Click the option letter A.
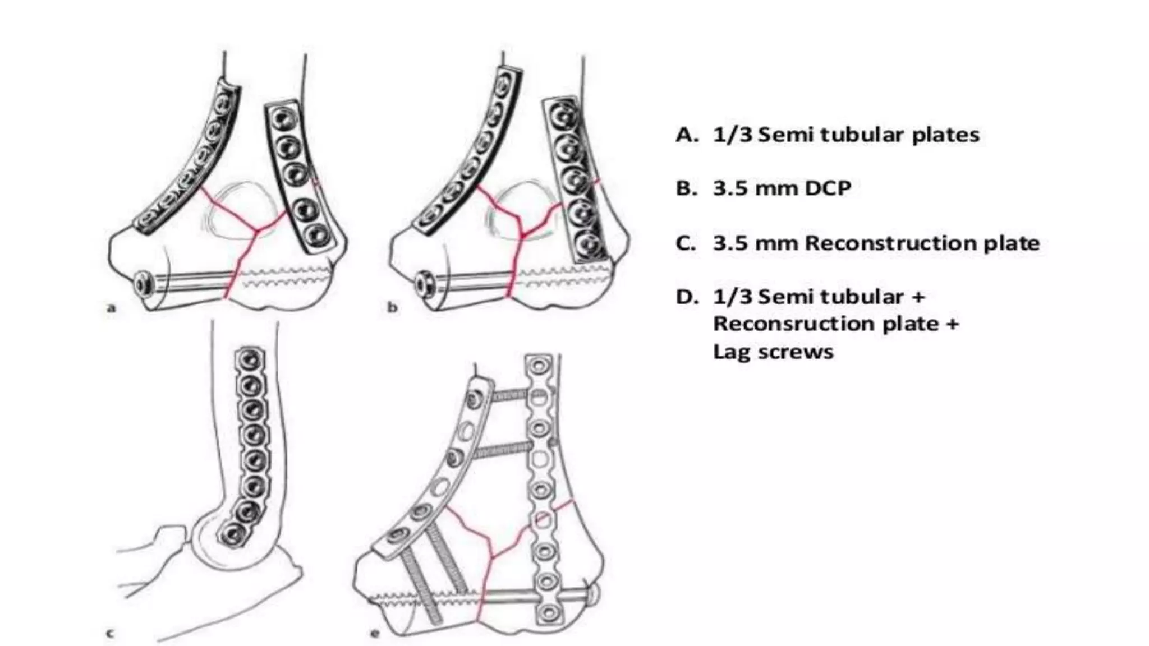click(685, 135)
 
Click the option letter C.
click(685, 243)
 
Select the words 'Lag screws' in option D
click(773, 352)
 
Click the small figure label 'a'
click(111, 307)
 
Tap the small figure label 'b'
click(392, 307)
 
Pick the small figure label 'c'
click(111, 634)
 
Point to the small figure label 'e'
click(375, 634)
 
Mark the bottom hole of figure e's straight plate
click(545, 613)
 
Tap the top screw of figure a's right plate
click(279, 119)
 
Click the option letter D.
click(685, 297)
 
